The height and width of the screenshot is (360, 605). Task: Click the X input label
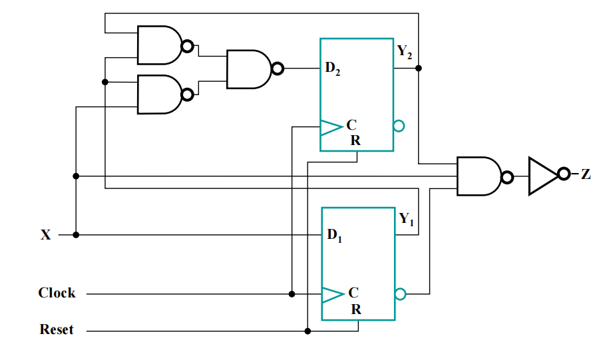point(45,235)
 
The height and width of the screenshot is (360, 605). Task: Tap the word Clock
point(57,293)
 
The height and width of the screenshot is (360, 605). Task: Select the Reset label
point(57,329)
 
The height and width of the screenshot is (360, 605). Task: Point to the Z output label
point(586,174)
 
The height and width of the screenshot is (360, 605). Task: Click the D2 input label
point(333,69)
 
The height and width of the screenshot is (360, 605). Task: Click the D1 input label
point(334,235)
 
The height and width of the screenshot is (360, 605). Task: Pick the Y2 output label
point(405,52)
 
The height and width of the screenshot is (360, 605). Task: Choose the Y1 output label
point(406,219)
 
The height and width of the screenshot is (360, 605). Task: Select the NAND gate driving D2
point(255,69)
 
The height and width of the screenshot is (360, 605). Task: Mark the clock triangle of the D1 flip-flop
point(333,295)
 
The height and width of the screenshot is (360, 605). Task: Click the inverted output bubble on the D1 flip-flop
point(401,294)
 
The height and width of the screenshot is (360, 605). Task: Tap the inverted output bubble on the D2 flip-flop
point(399,126)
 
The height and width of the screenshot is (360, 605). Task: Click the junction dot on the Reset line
point(307,331)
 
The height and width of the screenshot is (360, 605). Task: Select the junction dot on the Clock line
point(292,294)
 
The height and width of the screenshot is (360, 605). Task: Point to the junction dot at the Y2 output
point(418,69)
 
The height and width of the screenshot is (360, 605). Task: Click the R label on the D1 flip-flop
point(356,309)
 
